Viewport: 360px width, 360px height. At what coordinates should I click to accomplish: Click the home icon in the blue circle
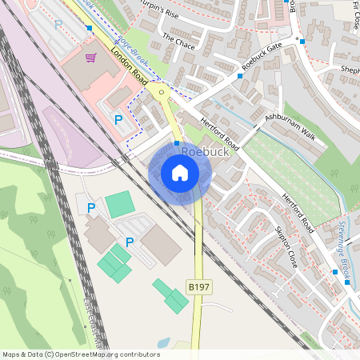[x=180, y=173]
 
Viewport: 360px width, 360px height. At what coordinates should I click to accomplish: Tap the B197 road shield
[x=199, y=286]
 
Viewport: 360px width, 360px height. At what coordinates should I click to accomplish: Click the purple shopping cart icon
[x=90, y=58]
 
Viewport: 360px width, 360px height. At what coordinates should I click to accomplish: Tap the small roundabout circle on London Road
[x=162, y=92]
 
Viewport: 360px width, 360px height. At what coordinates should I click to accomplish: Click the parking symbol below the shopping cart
[x=118, y=120]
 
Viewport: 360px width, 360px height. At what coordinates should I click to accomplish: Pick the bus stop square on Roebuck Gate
[x=240, y=76]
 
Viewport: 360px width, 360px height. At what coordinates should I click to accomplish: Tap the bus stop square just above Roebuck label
[x=177, y=142]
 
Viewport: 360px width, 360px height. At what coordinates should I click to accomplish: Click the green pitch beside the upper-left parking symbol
[x=120, y=204]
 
